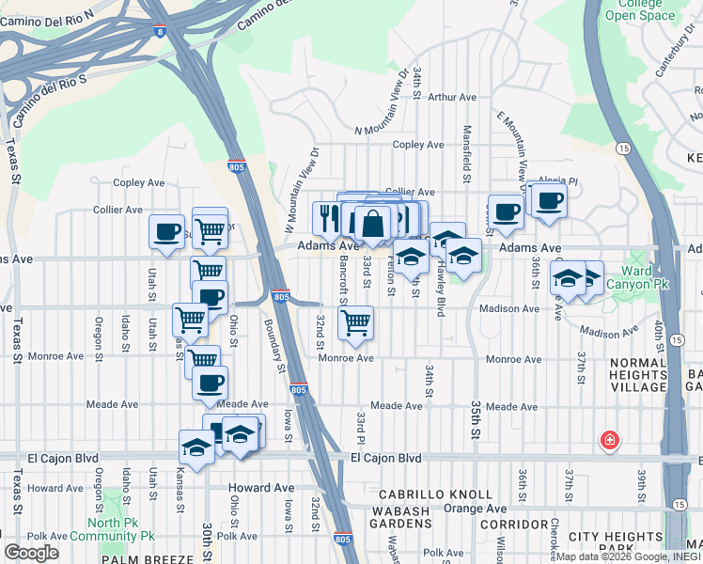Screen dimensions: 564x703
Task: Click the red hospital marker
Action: point(610,440)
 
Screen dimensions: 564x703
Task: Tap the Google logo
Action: point(31,553)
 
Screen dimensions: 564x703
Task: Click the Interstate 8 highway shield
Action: point(161,31)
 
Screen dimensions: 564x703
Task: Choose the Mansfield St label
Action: point(465,150)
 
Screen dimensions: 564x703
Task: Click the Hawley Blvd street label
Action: point(439,287)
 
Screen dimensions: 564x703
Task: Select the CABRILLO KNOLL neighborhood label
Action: point(435,493)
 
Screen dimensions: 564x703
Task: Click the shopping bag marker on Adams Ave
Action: point(372,224)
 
